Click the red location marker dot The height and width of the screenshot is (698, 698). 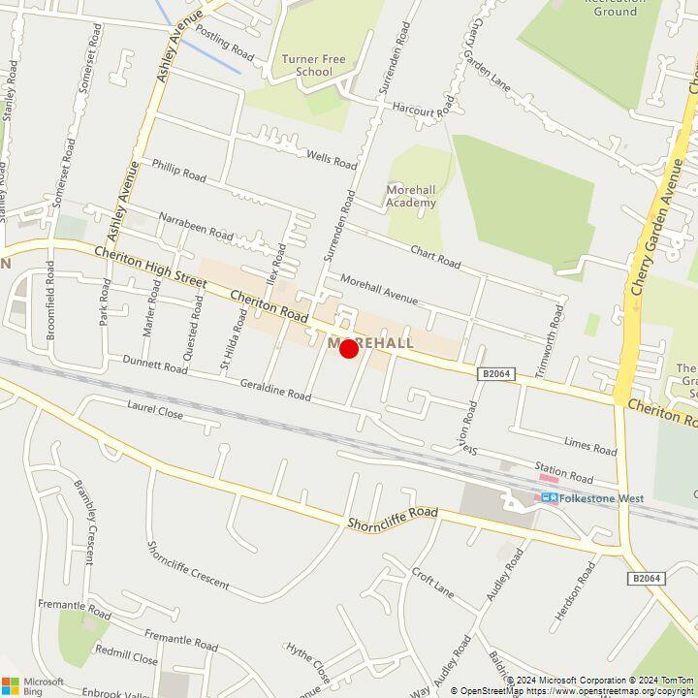(x=349, y=348)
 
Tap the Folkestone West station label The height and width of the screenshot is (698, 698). (x=602, y=498)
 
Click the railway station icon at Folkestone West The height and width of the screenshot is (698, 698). (x=550, y=498)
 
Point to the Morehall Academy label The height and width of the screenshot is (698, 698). (x=411, y=196)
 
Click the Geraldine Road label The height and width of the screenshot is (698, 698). (x=275, y=390)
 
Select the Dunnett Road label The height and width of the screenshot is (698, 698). (x=155, y=365)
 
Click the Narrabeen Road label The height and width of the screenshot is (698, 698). (x=196, y=227)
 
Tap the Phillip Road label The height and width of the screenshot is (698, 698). (x=178, y=171)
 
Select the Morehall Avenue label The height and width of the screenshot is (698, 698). (x=378, y=289)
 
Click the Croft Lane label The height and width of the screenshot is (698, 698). (x=432, y=582)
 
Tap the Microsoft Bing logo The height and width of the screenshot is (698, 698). (x=33, y=685)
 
